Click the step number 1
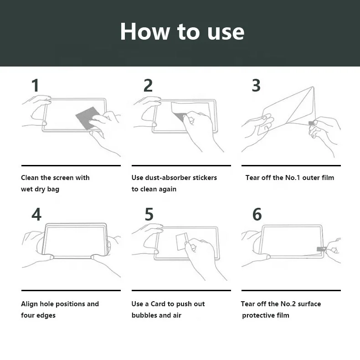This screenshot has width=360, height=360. [x=36, y=85]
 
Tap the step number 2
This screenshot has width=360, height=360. [x=148, y=85]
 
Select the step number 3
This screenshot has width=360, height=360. [x=256, y=85]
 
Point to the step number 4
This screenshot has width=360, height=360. [x=36, y=214]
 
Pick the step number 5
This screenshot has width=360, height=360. [x=149, y=214]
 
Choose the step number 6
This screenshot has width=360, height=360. [x=257, y=214]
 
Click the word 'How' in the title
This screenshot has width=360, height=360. [x=145, y=31]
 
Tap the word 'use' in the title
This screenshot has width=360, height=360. [x=226, y=33]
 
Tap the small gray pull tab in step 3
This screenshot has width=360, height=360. [x=311, y=123]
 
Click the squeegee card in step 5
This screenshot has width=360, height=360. [x=181, y=242]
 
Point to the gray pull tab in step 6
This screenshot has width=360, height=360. [x=321, y=249]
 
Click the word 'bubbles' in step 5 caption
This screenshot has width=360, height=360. [x=144, y=315]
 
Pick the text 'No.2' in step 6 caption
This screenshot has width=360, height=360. [x=288, y=304]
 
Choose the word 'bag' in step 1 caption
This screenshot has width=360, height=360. [x=53, y=190]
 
